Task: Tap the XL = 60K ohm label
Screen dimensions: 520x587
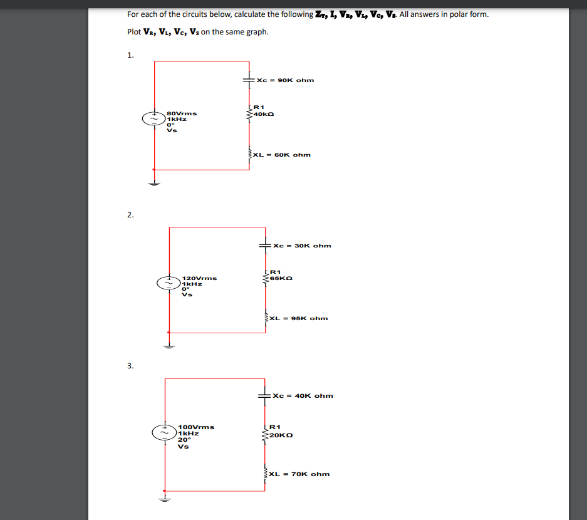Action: pyautogui.click(x=282, y=155)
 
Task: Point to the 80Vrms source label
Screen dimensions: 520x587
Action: pyautogui.click(x=182, y=113)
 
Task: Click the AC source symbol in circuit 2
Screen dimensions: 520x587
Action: pyautogui.click(x=168, y=283)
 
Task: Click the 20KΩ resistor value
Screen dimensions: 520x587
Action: pyautogui.click(x=280, y=434)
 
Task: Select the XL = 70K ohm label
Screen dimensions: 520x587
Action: pyautogui.click(x=299, y=474)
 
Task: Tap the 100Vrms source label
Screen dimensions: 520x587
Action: pyautogui.click(x=196, y=427)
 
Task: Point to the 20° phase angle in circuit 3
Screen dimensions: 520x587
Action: pyautogui.click(x=184, y=440)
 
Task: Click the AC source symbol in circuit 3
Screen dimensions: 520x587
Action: pyautogui.click(x=164, y=432)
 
